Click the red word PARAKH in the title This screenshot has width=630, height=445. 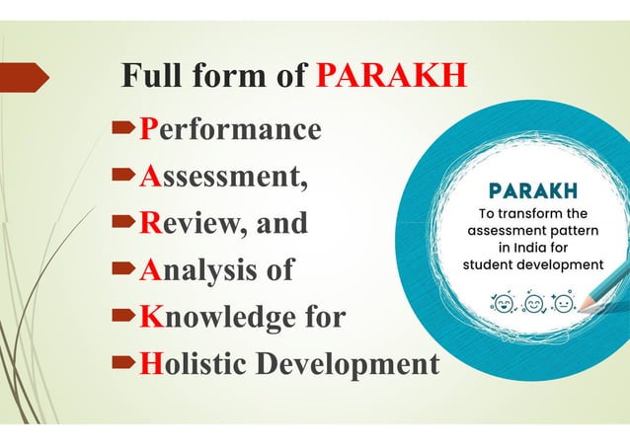tap(391, 76)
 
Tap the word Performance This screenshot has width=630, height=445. tap(230, 129)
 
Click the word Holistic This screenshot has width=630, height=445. tap(194, 363)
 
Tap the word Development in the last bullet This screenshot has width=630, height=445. tap(348, 364)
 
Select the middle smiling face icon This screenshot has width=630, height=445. tap(535, 301)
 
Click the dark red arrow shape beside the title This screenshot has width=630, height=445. tap(24, 76)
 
